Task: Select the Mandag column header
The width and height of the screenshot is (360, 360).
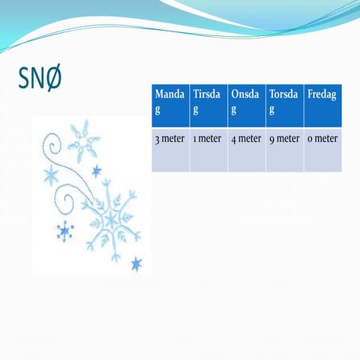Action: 170,105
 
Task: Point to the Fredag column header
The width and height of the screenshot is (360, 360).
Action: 323,105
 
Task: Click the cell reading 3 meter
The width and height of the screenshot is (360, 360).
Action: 170,139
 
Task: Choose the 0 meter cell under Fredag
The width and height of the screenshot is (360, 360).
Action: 323,139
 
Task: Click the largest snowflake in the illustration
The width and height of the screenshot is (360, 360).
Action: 112,219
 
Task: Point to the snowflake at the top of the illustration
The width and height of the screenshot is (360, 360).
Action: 83,138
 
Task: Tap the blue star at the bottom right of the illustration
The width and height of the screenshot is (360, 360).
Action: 136,263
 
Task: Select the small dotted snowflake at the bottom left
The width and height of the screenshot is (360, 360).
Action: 65,232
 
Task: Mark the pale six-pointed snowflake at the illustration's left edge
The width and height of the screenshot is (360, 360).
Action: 51,176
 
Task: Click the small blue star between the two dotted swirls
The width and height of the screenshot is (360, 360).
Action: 96,171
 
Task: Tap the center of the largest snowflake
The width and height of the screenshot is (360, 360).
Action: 112,219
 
